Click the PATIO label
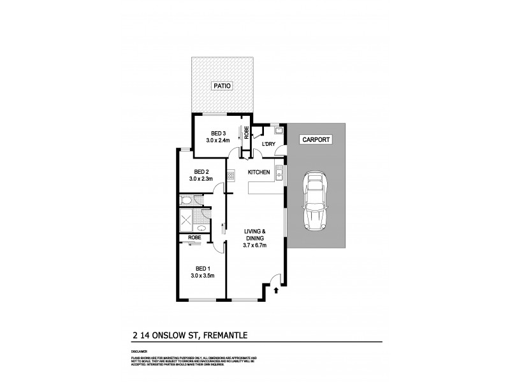[x=221, y=85]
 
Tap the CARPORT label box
[x=316, y=139]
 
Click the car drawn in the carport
[x=316, y=202]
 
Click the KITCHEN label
[x=259, y=173]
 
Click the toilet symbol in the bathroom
[x=186, y=201]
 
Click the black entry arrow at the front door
[x=275, y=291]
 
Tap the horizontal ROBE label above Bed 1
[x=194, y=237]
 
